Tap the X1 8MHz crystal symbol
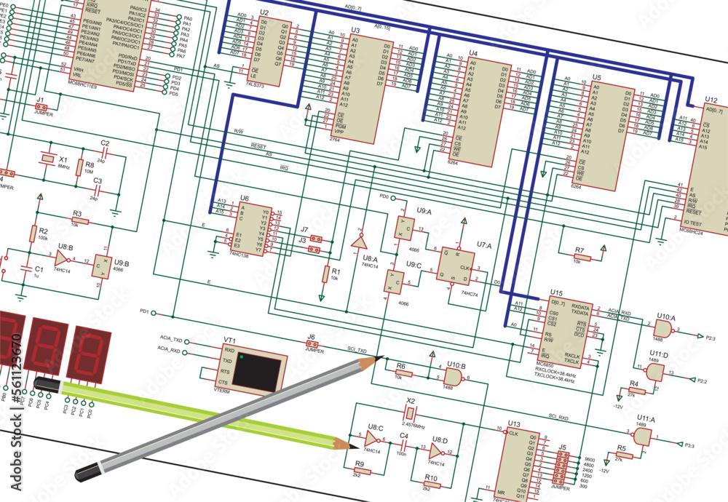tap(48, 158)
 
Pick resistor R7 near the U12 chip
tap(579, 258)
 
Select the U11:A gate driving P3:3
tap(643, 437)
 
